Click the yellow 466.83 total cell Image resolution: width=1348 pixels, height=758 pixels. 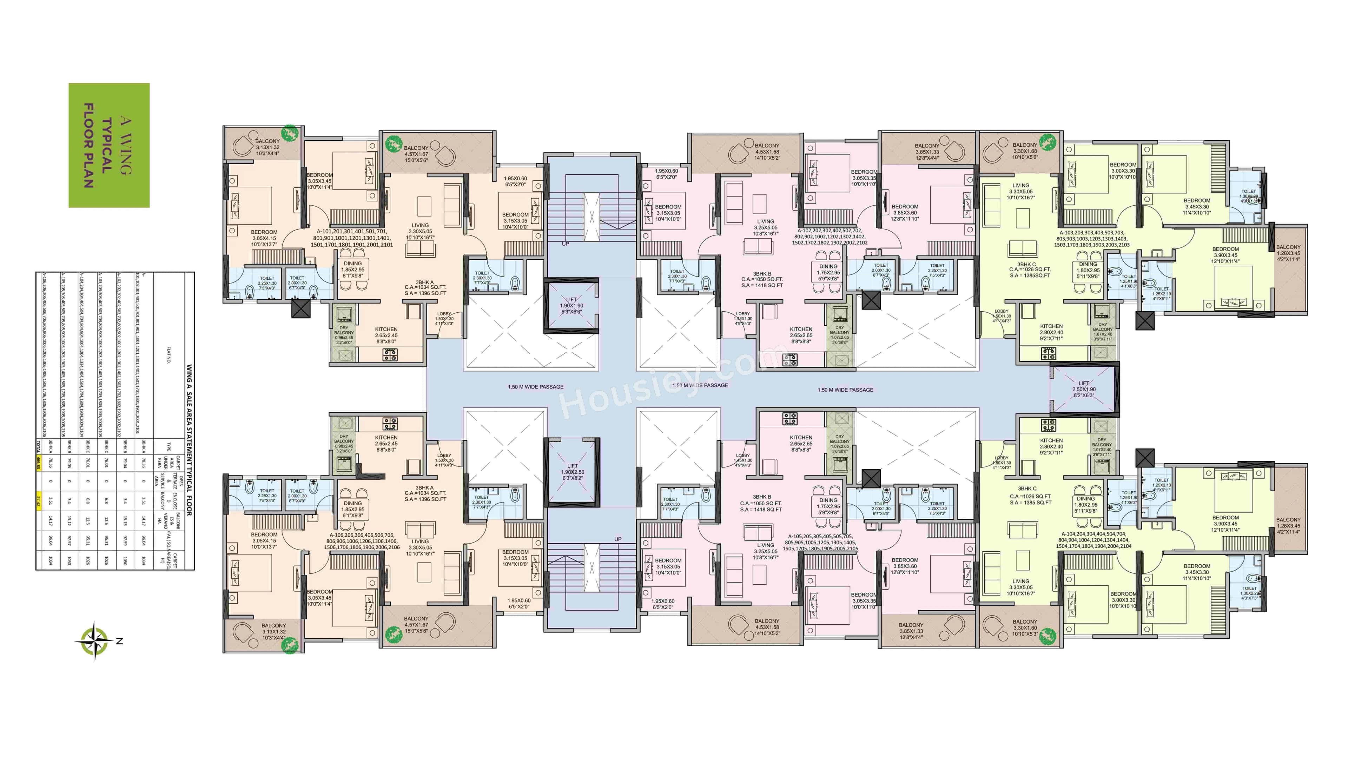(x=39, y=464)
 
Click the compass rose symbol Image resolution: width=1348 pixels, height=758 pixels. (x=94, y=640)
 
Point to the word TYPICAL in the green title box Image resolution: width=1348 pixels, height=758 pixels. (x=107, y=145)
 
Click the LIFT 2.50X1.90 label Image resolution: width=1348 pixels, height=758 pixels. (x=1084, y=389)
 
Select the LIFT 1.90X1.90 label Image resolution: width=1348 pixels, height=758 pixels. (x=571, y=306)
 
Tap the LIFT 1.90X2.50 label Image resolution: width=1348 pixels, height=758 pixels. (x=573, y=472)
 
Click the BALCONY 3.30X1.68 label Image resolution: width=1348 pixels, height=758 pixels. (x=1025, y=151)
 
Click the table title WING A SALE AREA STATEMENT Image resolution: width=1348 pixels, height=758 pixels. (x=189, y=439)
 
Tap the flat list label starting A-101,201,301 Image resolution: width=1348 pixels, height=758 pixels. (x=352, y=238)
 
